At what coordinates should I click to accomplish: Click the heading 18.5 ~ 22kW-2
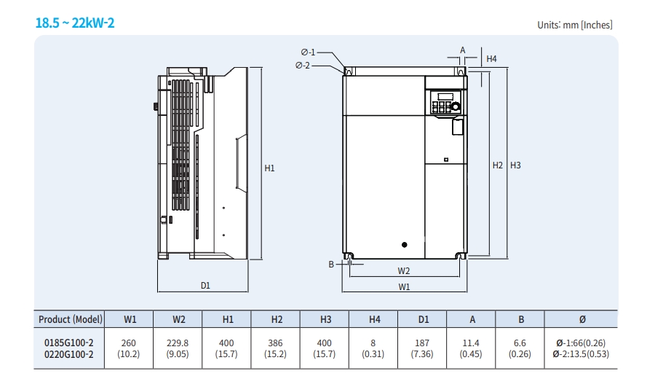click(75, 23)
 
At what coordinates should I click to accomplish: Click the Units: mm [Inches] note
click(574, 25)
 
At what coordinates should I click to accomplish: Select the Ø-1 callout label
click(308, 52)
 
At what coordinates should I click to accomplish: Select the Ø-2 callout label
click(303, 66)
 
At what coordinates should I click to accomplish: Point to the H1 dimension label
click(269, 168)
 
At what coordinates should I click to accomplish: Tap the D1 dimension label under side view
click(205, 286)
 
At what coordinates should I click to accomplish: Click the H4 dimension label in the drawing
click(491, 58)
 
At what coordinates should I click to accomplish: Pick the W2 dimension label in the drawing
click(404, 270)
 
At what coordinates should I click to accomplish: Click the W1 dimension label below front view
click(404, 286)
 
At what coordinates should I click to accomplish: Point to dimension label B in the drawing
click(330, 265)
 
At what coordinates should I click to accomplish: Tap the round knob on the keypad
click(456, 106)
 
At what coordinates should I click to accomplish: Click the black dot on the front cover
click(404, 245)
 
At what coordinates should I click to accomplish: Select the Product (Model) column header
click(71, 319)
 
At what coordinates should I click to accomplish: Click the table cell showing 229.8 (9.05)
click(179, 348)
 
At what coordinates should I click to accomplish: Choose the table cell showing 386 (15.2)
click(277, 348)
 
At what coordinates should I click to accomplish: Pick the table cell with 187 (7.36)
click(424, 348)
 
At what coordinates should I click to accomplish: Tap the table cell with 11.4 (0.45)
click(471, 348)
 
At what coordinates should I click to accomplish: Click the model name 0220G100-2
click(69, 354)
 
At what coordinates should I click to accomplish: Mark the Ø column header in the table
click(580, 319)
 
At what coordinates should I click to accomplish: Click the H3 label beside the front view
click(515, 165)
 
